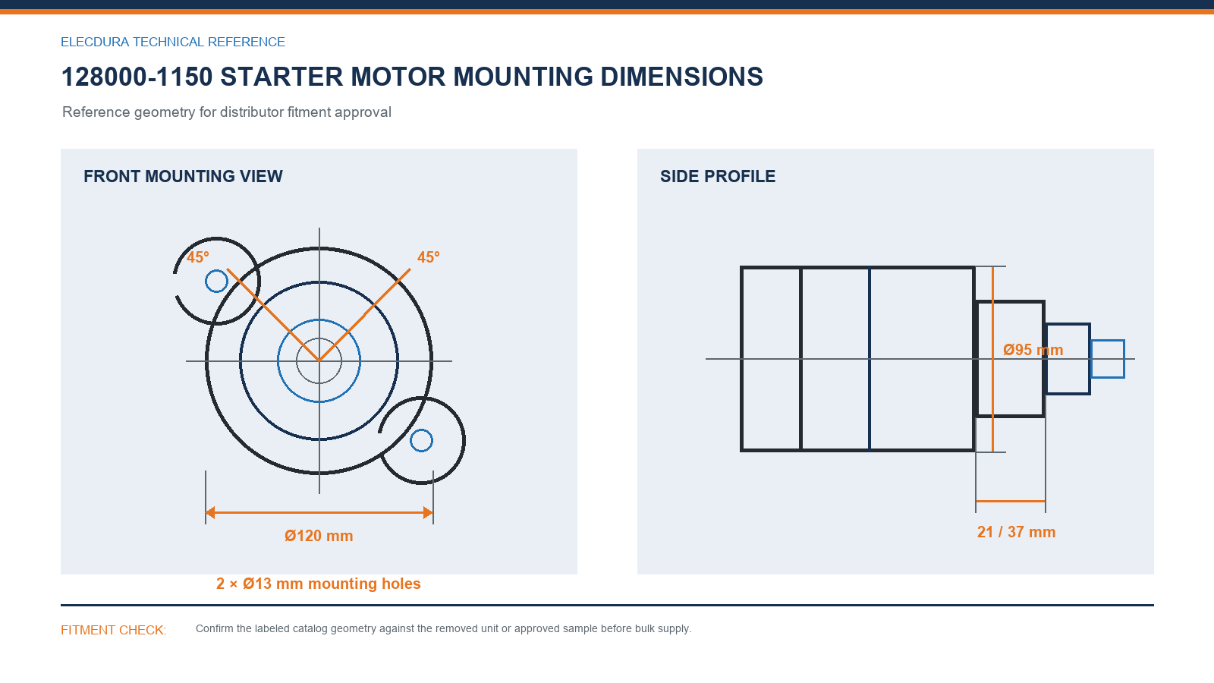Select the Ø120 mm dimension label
pyautogui.click(x=319, y=536)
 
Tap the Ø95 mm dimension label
pyautogui.click(x=1033, y=350)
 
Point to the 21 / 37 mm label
pyautogui.click(x=1016, y=532)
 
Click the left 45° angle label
pyautogui.click(x=198, y=257)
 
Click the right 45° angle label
pyautogui.click(x=428, y=257)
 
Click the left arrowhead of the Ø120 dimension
pyautogui.click(x=209, y=512)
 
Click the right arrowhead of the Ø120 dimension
pyautogui.click(x=428, y=512)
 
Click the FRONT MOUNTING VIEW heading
pyautogui.click(x=183, y=177)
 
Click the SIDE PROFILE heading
pyautogui.click(x=718, y=177)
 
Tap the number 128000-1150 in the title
pyautogui.click(x=137, y=77)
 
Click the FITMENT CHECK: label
pyautogui.click(x=113, y=631)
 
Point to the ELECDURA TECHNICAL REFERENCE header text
pyautogui.click(x=173, y=42)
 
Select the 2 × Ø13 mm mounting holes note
pyautogui.click(x=318, y=584)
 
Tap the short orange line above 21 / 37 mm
pyautogui.click(x=1010, y=502)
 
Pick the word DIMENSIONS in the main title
pyautogui.click(x=682, y=77)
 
